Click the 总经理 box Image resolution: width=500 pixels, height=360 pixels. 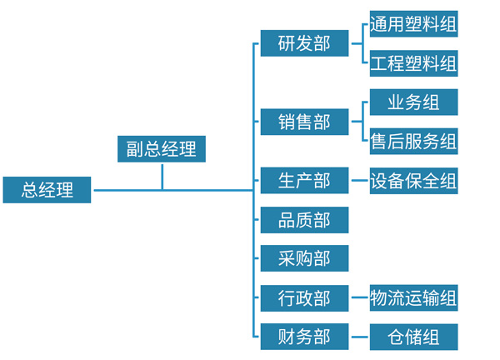click(47, 190)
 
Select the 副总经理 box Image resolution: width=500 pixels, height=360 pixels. click(162, 149)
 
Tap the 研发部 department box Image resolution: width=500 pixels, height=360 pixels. click(304, 44)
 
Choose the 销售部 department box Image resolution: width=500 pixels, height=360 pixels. click(304, 122)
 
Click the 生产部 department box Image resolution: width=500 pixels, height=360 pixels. click(304, 180)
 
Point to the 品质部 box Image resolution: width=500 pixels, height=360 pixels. click(304, 220)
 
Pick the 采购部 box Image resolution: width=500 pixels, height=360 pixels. click(304, 259)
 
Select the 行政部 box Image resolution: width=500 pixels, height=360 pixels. click(304, 297)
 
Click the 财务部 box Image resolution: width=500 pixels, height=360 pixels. click(304, 337)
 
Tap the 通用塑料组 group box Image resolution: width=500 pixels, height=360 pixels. click(413, 24)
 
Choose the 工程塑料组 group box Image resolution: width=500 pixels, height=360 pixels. click(413, 63)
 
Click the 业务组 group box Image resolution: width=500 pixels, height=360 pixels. click(413, 102)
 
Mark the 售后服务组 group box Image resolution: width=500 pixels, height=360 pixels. click(413, 141)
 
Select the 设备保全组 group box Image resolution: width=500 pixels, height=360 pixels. click(413, 180)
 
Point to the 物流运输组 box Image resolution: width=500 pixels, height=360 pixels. click(413, 297)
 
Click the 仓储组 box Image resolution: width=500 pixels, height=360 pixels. click(413, 337)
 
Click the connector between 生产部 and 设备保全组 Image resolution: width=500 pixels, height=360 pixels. click(359, 180)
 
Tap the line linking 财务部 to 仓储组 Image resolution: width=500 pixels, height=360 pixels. click(359, 337)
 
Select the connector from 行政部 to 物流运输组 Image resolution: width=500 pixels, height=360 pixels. click(359, 297)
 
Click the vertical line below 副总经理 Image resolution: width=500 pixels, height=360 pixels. click(162, 177)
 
